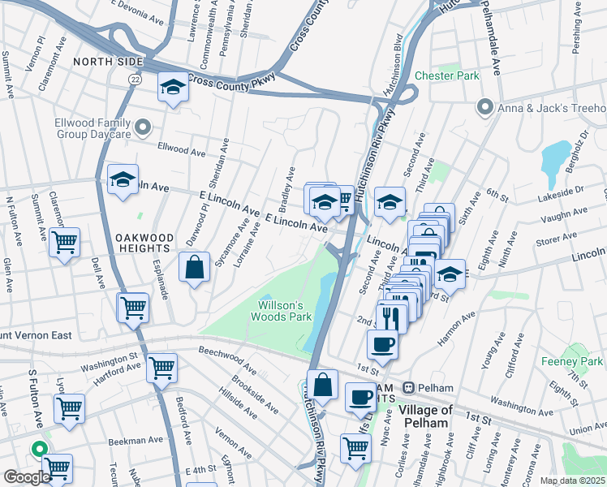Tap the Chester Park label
click(447, 75)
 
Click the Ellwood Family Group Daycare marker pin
click(144, 127)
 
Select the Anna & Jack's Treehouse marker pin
click(485, 107)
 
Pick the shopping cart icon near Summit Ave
click(64, 241)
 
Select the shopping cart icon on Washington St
click(161, 367)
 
